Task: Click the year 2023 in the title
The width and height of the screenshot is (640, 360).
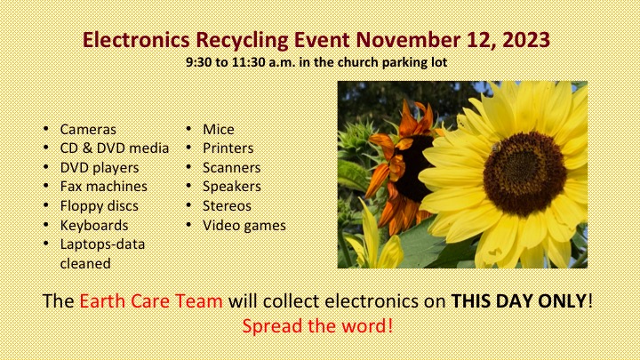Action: pyautogui.click(x=525, y=40)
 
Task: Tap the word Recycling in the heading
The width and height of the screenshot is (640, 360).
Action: pyautogui.click(x=242, y=40)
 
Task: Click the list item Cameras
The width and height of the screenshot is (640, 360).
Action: pyautogui.click(x=88, y=130)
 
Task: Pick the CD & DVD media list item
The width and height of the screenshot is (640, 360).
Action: pyautogui.click(x=115, y=148)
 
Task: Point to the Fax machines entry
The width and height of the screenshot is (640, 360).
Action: pyautogui.click(x=103, y=187)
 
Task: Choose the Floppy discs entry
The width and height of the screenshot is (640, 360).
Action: pyautogui.click(x=100, y=206)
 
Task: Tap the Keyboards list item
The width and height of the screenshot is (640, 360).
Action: pyautogui.click(x=94, y=225)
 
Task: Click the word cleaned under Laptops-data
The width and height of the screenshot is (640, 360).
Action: pyautogui.click(x=85, y=264)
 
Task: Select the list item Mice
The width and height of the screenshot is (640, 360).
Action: pyautogui.click(x=219, y=130)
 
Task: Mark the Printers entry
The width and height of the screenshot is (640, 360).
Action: pyautogui.click(x=228, y=148)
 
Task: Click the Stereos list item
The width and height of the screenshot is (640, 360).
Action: pyautogui.click(x=227, y=206)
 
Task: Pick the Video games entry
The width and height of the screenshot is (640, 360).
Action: pyautogui.click(x=244, y=225)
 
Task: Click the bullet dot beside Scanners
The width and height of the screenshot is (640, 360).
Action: pyautogui.click(x=188, y=167)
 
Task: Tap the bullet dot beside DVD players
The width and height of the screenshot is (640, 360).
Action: pyautogui.click(x=45, y=167)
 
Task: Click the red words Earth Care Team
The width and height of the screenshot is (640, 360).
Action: pyautogui.click(x=151, y=301)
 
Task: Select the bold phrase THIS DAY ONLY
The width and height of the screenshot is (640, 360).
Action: pyautogui.click(x=519, y=301)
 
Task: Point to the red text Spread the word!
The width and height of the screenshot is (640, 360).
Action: pyautogui.click(x=317, y=326)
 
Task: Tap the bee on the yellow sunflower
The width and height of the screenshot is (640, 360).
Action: pyautogui.click(x=496, y=148)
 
